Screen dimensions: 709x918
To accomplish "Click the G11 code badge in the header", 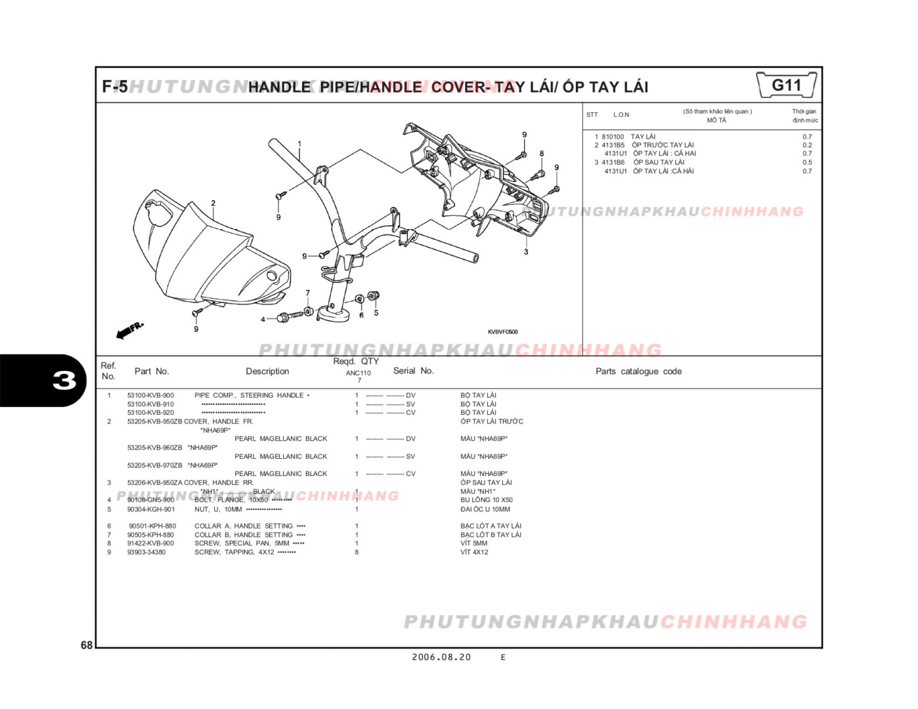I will click(786, 85).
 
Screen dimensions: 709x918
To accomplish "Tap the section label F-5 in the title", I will click(115, 87).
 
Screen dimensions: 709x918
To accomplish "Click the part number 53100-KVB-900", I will click(150, 395).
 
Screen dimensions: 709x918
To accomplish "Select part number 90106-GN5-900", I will click(150, 500).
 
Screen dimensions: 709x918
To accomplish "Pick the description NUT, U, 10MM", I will click(218, 509).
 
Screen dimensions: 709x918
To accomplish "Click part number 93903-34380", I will click(146, 552).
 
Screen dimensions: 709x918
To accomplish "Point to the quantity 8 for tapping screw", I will click(357, 552).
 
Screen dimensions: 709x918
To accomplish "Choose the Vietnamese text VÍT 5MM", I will click(473, 544).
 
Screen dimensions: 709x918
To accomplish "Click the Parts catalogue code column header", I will click(638, 372).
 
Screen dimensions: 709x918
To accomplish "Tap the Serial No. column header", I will click(413, 371).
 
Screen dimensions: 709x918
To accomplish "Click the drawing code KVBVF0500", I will click(502, 332).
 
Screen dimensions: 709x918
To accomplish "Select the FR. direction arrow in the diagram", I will click(129, 330).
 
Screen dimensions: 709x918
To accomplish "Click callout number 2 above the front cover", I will click(213, 203).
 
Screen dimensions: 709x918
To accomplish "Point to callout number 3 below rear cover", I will click(526, 251).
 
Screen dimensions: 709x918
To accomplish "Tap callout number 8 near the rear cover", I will click(542, 154).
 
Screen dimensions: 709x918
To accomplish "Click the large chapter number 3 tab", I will click(64, 381).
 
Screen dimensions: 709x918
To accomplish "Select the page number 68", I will click(87, 645).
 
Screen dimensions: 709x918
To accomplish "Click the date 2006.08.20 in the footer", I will click(441, 657).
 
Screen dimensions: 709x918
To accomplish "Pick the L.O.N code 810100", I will click(613, 137).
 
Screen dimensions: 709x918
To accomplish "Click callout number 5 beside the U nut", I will click(376, 312).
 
